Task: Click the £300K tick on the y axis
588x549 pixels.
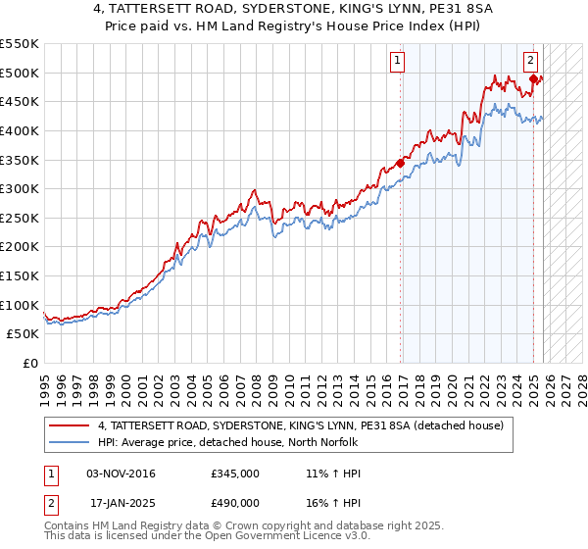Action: tap(20, 188)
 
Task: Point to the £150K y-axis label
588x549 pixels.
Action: tap(20, 275)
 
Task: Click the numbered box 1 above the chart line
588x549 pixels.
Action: tap(399, 61)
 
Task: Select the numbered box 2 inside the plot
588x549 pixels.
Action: tap(530, 61)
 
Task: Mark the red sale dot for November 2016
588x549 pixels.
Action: tap(400, 163)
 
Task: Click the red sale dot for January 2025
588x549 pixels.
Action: tap(533, 78)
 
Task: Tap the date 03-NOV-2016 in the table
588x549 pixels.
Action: tap(121, 474)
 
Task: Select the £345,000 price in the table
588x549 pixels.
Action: tap(234, 474)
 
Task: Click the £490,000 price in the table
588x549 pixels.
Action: tap(234, 503)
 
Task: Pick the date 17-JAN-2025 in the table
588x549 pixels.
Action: tap(122, 503)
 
